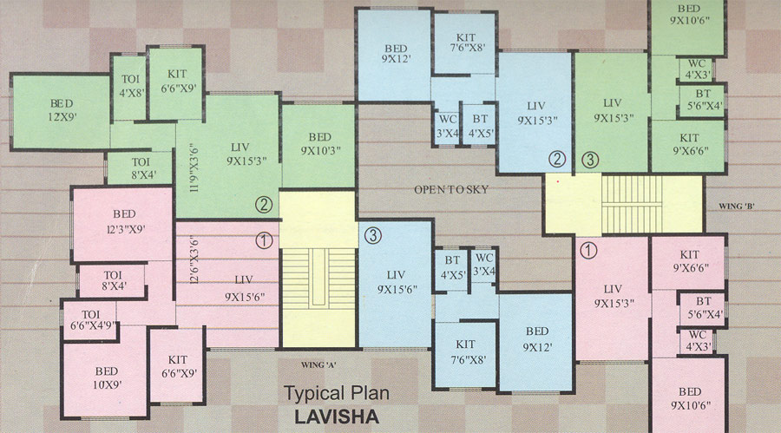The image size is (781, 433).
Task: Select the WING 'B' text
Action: click(x=738, y=207)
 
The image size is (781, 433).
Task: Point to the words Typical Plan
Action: click(x=337, y=394)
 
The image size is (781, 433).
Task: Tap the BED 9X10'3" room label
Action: click(x=318, y=144)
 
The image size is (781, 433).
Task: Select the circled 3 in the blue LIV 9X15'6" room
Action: click(x=372, y=234)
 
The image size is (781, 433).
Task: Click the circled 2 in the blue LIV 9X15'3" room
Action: click(x=557, y=159)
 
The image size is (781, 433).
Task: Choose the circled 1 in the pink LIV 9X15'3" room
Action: click(x=589, y=250)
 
